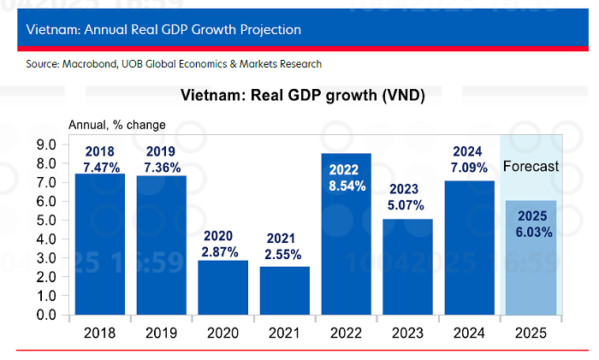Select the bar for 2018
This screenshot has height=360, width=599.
[x=100, y=248]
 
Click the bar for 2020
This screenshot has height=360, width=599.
[x=223, y=287]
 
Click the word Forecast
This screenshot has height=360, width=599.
[x=531, y=166]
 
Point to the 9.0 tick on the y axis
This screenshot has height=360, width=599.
[x=44, y=145]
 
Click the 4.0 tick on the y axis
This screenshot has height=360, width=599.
[x=44, y=239]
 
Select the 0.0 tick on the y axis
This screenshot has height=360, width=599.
[x=44, y=315]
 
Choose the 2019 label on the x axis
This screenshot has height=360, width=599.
[x=162, y=332]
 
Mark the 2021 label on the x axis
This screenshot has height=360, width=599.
[x=285, y=332]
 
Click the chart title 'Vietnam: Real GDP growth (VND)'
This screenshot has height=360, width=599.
[x=303, y=95]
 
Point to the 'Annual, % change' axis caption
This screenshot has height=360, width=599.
[x=111, y=126]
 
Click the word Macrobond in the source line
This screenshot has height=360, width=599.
[x=89, y=64]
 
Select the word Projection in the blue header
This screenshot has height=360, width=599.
[x=262, y=30]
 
